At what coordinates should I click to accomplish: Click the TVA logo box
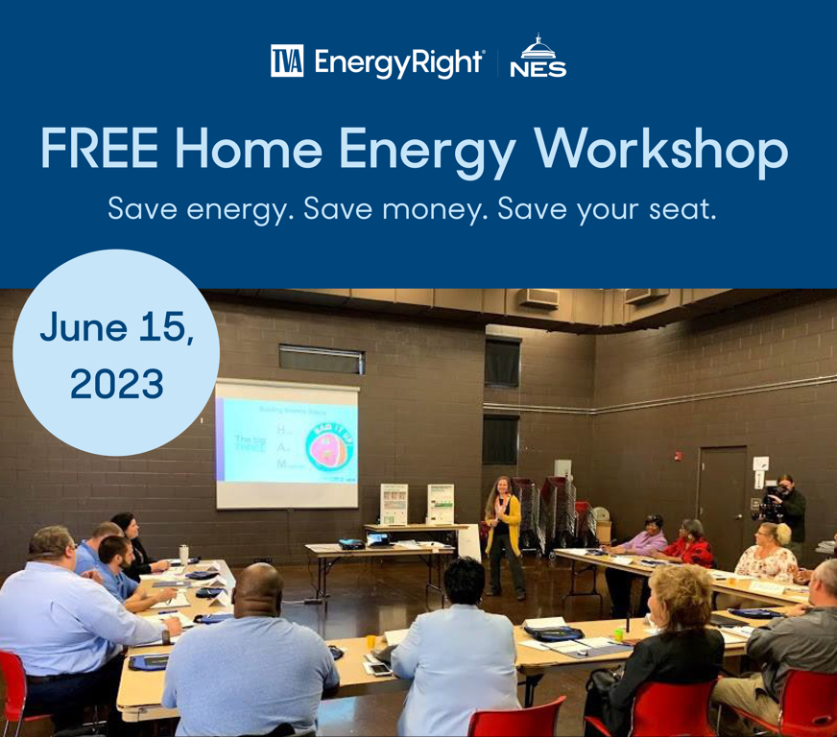pyautogui.click(x=288, y=60)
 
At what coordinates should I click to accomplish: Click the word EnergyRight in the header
pyautogui.click(x=398, y=61)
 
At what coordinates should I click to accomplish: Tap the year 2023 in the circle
pyautogui.click(x=116, y=384)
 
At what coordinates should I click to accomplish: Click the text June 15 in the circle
pyautogui.click(x=116, y=328)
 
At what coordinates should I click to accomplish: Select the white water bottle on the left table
pyautogui.click(x=183, y=556)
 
